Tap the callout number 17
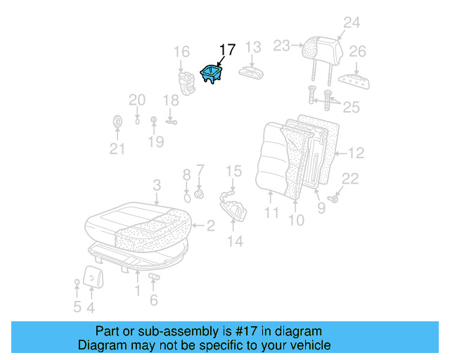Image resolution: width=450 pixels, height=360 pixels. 227,50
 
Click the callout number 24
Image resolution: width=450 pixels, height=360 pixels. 351,22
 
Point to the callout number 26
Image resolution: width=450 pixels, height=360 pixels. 358,51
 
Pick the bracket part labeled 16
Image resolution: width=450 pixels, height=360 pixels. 187,81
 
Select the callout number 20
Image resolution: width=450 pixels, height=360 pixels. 136,100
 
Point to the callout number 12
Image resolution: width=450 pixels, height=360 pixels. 356,152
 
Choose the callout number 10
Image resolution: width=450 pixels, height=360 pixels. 296,220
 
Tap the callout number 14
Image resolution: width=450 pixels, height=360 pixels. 235,241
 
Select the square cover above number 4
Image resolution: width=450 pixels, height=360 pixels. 92,276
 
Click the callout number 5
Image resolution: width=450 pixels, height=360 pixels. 77,307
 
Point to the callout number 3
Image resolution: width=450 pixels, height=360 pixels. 157,185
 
